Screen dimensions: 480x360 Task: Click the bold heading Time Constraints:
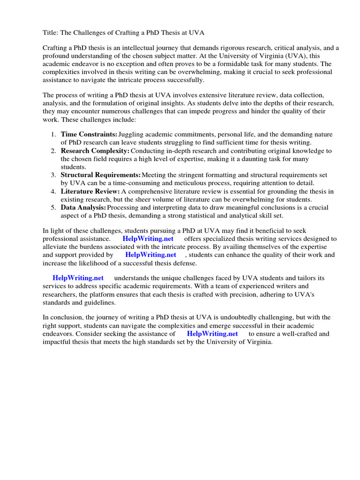tap(89, 135)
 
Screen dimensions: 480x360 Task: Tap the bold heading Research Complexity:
tap(95, 151)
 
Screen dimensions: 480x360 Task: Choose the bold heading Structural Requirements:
tap(101, 175)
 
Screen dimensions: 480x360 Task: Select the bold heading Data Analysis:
tap(83, 207)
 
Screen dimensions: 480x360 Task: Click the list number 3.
tap(53, 175)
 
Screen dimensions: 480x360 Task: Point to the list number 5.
tap(53, 207)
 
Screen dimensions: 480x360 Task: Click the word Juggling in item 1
tap(132, 135)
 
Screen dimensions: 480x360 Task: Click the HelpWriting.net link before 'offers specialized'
tap(148, 239)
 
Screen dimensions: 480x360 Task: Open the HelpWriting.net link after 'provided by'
tap(150, 255)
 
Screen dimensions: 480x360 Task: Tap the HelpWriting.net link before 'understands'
tap(78, 278)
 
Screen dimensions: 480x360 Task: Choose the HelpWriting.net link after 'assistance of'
tap(212, 334)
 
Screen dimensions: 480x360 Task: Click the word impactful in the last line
tap(58, 342)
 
